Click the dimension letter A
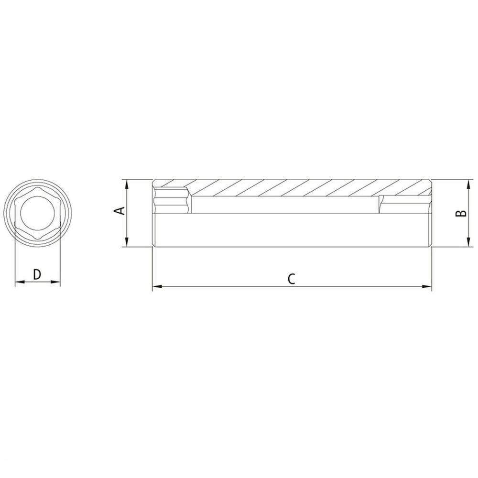(x=121, y=211)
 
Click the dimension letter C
(x=292, y=279)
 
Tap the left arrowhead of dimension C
(x=156, y=287)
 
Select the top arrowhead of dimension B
(x=468, y=184)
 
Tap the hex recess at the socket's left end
(x=170, y=201)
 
